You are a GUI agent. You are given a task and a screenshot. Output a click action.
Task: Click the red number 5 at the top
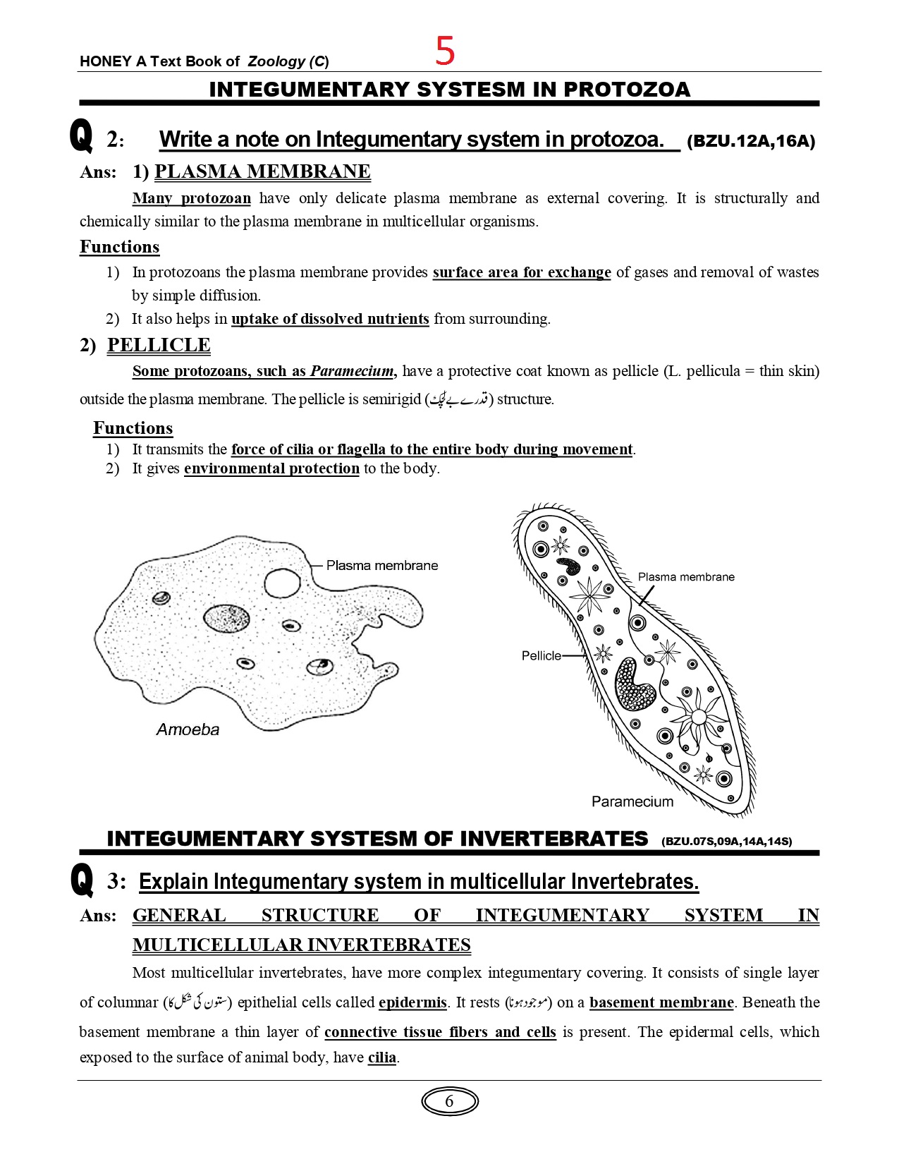[445, 51]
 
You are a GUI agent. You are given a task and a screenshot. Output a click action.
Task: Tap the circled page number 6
[449, 1101]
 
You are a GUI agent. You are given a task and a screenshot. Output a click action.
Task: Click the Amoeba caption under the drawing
[188, 729]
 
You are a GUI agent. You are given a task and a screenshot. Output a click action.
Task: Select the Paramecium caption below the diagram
[632, 801]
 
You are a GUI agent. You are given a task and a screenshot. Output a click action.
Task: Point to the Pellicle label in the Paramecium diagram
[541, 655]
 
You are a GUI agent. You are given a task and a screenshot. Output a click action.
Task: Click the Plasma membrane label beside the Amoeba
[381, 565]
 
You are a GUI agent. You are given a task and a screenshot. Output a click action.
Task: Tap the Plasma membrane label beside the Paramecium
[685, 576]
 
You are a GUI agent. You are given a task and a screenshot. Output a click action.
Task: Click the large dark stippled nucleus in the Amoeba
[226, 618]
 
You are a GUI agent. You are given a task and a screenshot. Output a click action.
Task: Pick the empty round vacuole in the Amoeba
[282, 583]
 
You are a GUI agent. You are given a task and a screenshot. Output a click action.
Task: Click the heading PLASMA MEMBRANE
[262, 171]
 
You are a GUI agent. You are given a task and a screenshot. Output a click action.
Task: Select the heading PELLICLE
[159, 345]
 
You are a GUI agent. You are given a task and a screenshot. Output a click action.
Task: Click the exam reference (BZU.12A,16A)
[750, 141]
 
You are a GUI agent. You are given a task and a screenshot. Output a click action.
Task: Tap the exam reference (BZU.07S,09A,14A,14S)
[726, 841]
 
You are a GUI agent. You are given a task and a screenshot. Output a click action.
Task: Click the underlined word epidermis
[412, 1002]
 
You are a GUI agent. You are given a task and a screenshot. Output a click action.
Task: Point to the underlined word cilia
[382, 1057]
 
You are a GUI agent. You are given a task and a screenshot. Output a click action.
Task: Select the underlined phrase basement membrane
[661, 1002]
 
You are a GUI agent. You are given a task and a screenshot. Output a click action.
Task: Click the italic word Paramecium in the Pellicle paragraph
[352, 371]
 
